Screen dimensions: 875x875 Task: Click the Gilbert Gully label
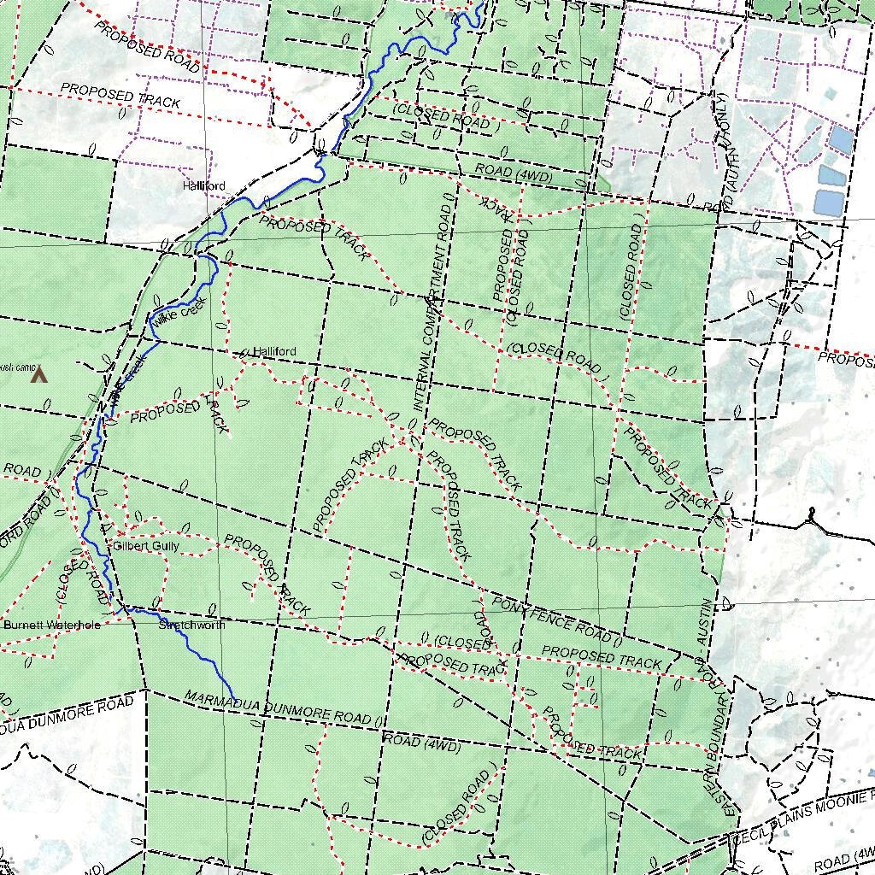[146, 545]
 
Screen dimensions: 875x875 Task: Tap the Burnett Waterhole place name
[51, 625]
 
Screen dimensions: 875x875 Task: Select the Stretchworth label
[192, 625]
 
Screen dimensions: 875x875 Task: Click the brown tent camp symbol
[38, 374]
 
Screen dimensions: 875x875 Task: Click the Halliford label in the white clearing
[203, 185]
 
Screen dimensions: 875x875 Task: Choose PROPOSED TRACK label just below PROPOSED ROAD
[120, 97]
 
